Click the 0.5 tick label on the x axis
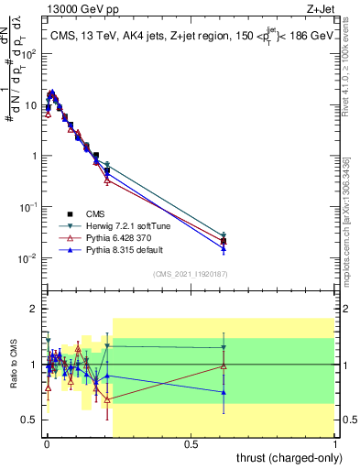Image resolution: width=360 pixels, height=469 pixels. coord(191,444)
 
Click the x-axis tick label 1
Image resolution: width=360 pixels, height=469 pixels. coord(335,444)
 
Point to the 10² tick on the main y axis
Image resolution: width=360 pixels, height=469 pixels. coord(27,53)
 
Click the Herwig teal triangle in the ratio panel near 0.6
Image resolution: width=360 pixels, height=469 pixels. coord(224,347)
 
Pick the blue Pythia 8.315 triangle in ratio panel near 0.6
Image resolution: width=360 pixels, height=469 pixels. coord(224,392)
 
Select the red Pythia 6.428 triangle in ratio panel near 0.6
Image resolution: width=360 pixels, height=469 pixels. coord(224,366)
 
